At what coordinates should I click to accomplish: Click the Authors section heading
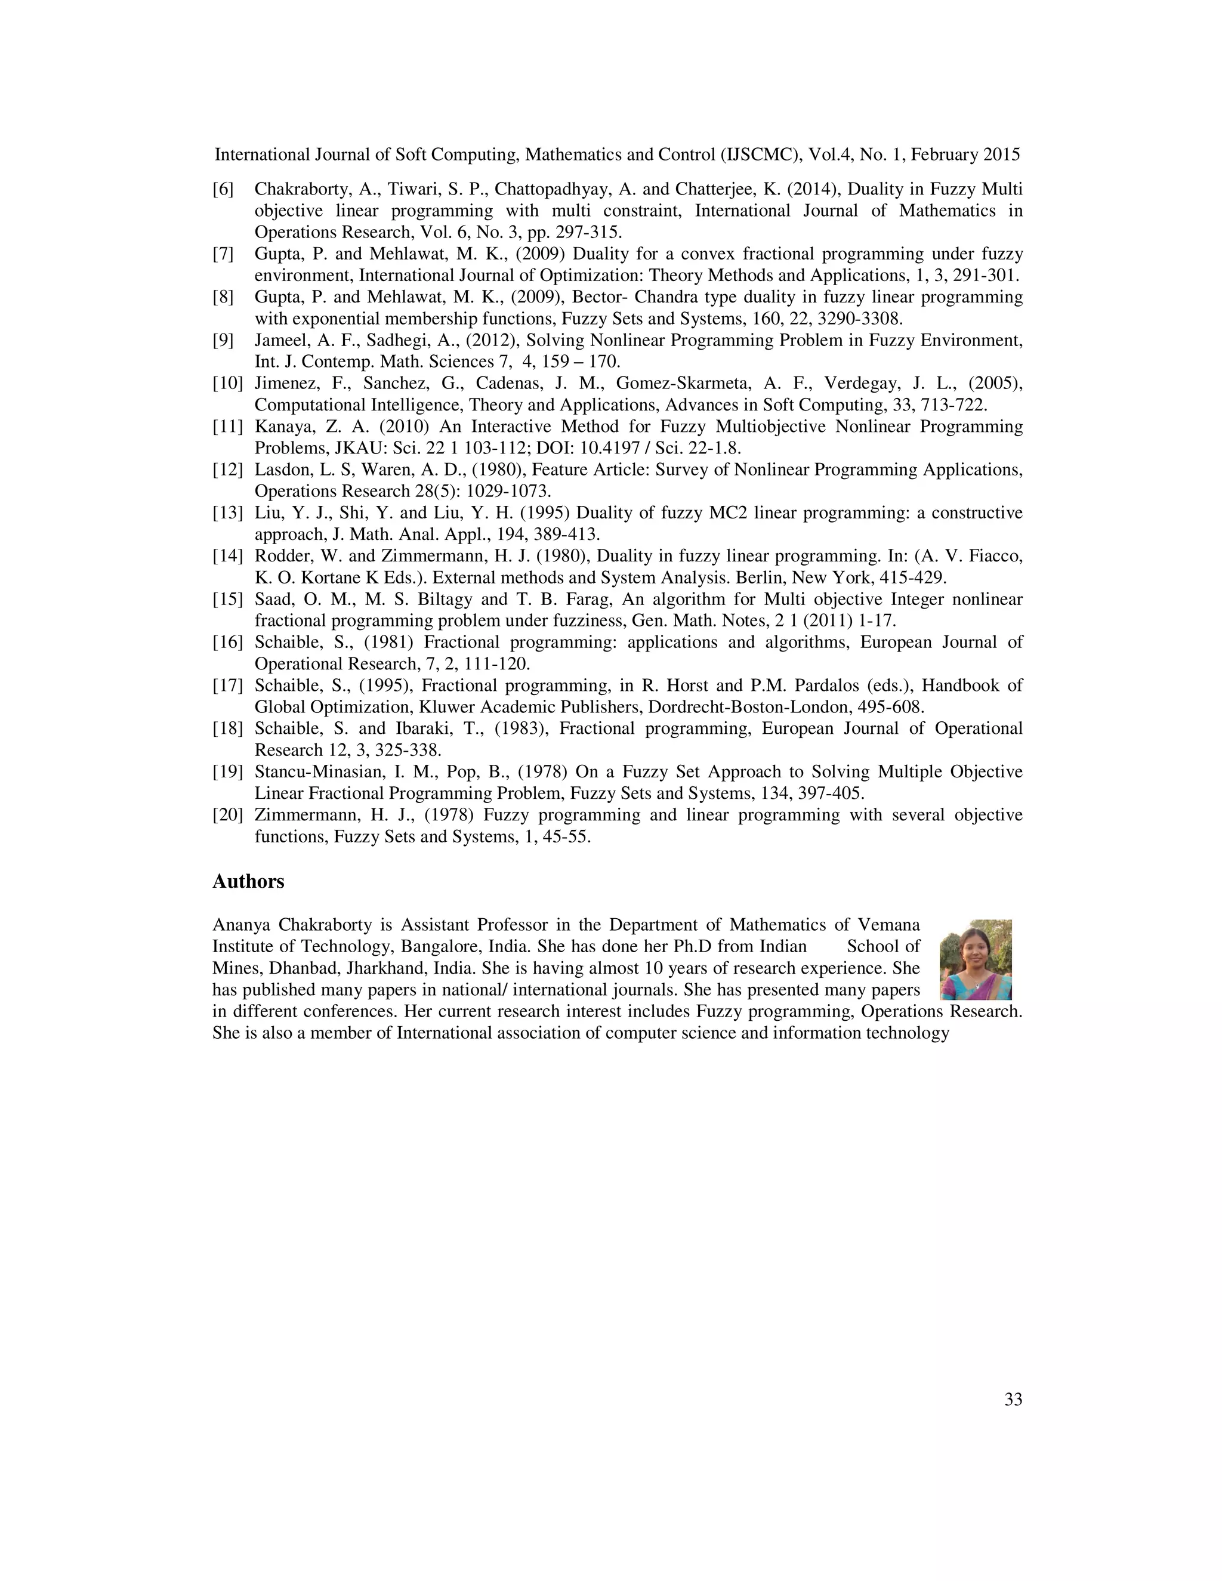click(x=248, y=882)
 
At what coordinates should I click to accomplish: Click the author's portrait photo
click(x=975, y=959)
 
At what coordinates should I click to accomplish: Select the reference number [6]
click(x=223, y=190)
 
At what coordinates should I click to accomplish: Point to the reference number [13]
click(x=227, y=513)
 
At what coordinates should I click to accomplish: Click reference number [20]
click(x=227, y=815)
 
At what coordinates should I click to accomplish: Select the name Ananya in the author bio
click(x=240, y=925)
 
